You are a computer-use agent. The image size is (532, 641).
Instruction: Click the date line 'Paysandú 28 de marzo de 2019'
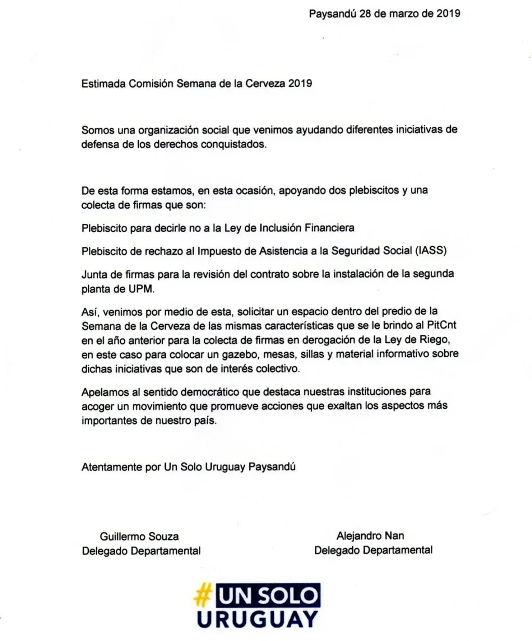384,14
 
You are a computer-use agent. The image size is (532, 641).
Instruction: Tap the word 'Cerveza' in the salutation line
264,84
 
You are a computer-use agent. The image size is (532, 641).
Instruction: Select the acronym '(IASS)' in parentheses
431,250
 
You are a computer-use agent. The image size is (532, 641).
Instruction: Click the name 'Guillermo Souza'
139,537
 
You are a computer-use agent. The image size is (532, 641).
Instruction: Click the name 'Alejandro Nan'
370,536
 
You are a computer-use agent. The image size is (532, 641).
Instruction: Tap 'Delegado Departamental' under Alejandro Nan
373,550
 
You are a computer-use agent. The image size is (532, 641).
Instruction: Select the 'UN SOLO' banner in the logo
268,596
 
